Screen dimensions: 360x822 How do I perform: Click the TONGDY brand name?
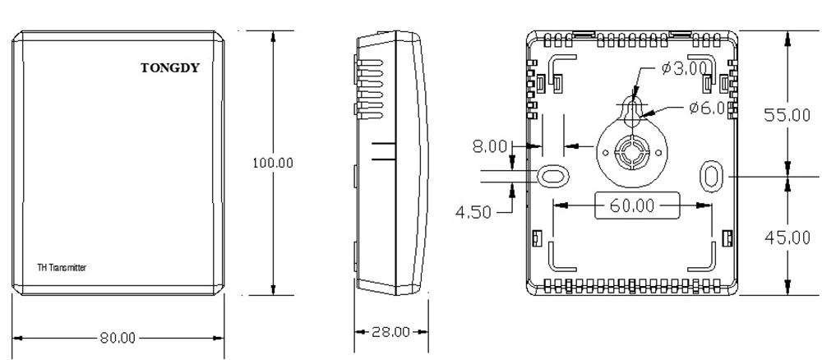[x=169, y=68]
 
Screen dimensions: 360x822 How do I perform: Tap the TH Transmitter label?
[x=62, y=268]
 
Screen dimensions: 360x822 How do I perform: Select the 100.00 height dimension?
[x=272, y=163]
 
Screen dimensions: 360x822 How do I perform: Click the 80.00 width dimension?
[x=118, y=338]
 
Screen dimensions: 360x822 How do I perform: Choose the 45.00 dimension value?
[x=787, y=238]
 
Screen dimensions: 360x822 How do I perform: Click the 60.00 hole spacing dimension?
[x=632, y=205]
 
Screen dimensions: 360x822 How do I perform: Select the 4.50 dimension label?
[x=475, y=211]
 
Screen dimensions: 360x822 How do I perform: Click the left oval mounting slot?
[x=552, y=175]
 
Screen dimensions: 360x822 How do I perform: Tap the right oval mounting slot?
[x=711, y=175]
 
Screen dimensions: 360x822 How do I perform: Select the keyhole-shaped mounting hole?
[x=631, y=112]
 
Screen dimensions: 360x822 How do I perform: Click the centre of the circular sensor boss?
[x=631, y=151]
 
